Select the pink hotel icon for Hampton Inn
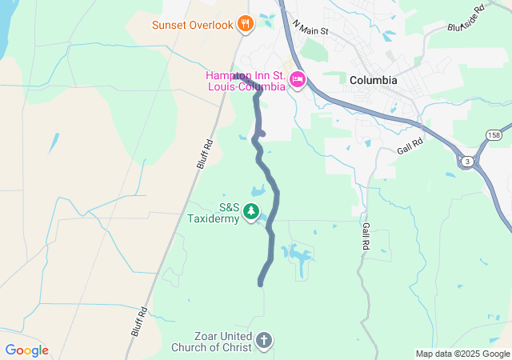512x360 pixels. tap(298, 78)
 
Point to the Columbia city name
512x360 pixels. tap(373, 81)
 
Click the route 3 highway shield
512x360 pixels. tap(466, 162)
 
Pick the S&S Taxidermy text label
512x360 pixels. tap(213, 212)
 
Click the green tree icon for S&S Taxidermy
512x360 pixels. tap(252, 212)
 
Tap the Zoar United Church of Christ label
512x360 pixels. tap(212, 342)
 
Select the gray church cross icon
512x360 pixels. tap(264, 342)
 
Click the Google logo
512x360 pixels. tap(26, 350)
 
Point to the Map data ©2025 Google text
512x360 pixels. tap(462, 354)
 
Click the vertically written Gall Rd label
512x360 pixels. tap(366, 234)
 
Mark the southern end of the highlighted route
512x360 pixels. tap(261, 282)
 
